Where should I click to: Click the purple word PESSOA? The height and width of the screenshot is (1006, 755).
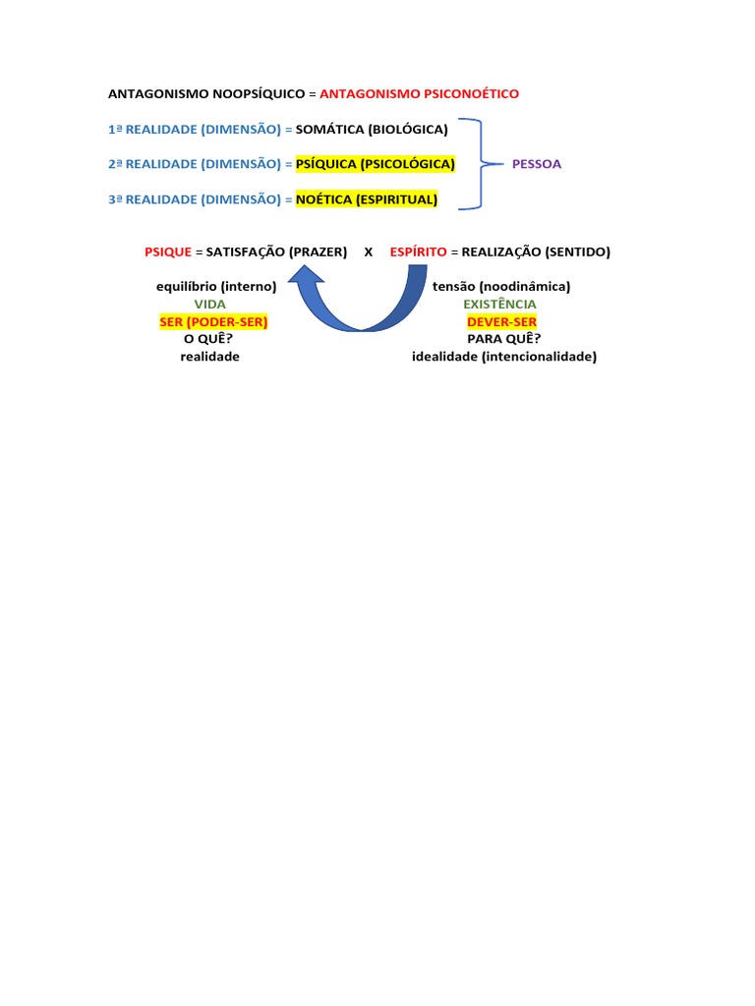tap(537, 164)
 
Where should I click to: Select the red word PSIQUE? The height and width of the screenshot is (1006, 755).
tap(168, 251)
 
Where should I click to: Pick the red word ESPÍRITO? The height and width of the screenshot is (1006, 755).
tap(418, 251)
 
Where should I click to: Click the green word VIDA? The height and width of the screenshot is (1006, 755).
tap(209, 305)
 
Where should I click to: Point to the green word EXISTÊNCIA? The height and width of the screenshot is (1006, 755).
tap(499, 305)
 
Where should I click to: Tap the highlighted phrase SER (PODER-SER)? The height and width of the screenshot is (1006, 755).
tap(213, 322)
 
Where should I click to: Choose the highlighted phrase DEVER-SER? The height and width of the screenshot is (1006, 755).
tap(501, 322)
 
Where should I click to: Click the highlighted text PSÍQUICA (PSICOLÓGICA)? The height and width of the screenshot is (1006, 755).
tap(375, 164)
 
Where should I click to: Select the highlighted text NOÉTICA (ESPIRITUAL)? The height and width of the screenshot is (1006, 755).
tap(367, 199)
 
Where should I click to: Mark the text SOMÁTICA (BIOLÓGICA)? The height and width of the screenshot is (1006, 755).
tap(372, 129)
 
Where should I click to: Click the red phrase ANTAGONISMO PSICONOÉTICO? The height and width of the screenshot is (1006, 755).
tap(419, 93)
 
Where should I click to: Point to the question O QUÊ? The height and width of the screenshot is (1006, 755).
tap(208, 340)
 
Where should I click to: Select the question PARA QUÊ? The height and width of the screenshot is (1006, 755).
tap(503, 340)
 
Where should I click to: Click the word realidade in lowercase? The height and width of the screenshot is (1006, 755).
tap(209, 357)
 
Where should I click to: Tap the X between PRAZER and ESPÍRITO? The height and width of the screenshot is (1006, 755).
tap(369, 251)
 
